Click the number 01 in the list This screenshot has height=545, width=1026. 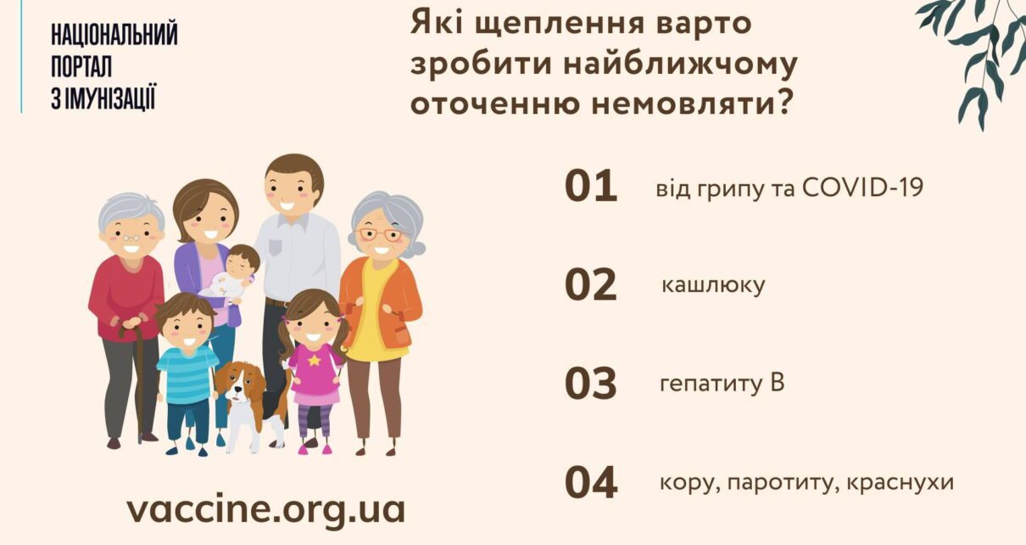point(591,186)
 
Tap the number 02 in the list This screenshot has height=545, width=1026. point(591,284)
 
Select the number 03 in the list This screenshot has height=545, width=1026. point(591,384)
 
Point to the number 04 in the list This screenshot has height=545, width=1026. point(591,482)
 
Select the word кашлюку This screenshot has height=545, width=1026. point(713,285)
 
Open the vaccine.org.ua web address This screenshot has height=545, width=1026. point(265,509)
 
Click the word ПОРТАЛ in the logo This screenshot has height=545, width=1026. point(81,67)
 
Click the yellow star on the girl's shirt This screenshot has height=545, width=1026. point(315,360)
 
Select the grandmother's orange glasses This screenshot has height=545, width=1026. point(379,234)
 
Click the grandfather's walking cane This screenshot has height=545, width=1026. point(137,381)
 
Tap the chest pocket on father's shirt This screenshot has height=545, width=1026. point(275,247)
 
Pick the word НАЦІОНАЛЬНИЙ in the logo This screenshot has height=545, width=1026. point(114,35)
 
